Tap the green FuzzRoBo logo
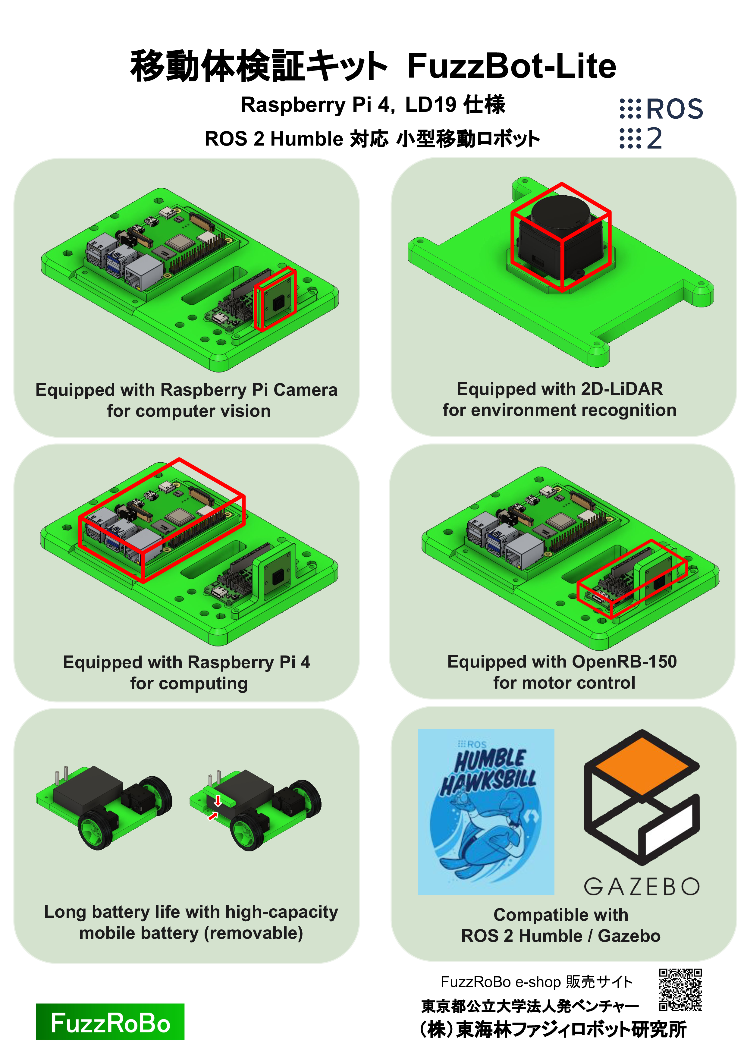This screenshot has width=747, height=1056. point(110,1022)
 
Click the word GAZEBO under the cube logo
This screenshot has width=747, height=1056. point(642,886)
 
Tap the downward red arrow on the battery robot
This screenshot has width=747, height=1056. point(218,800)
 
